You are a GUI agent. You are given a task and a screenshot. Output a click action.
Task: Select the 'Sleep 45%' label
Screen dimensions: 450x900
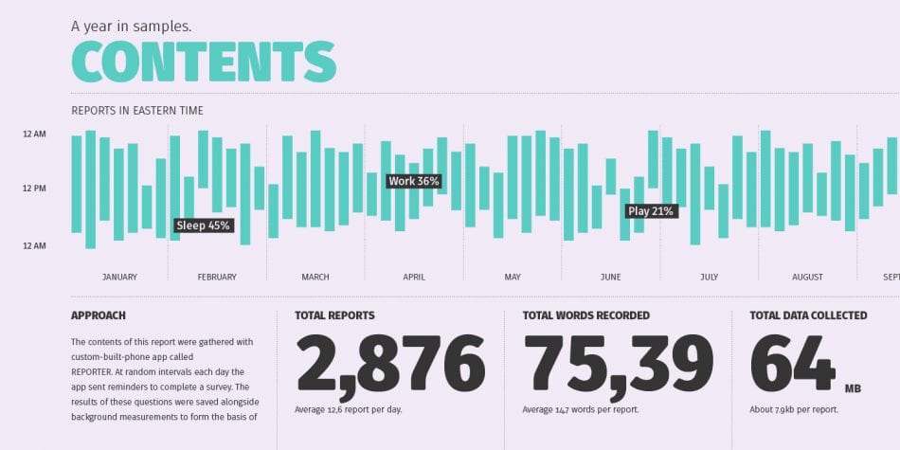(204, 225)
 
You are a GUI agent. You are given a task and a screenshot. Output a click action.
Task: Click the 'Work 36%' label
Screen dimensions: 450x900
(414, 181)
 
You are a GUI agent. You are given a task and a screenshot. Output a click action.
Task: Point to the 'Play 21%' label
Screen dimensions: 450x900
(651, 211)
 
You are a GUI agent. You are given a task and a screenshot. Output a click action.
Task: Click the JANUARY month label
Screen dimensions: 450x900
(119, 278)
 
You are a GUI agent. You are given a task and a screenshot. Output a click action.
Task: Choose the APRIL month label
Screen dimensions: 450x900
(414, 278)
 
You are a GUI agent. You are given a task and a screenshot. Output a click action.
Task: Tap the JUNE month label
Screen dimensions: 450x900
(610, 278)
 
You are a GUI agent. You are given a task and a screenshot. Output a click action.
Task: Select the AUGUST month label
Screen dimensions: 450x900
(807, 278)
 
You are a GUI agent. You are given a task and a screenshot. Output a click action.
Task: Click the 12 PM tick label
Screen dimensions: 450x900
(34, 189)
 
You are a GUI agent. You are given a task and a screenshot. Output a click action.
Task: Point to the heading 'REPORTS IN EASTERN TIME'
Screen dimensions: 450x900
(137, 111)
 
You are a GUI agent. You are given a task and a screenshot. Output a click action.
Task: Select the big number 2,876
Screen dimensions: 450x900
(390, 365)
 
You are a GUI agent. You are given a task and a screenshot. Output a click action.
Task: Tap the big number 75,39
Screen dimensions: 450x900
(618, 365)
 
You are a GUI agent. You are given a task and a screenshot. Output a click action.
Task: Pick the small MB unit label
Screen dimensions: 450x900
(853, 387)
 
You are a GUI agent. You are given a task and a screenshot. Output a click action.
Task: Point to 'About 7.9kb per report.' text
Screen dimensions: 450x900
(794, 409)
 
